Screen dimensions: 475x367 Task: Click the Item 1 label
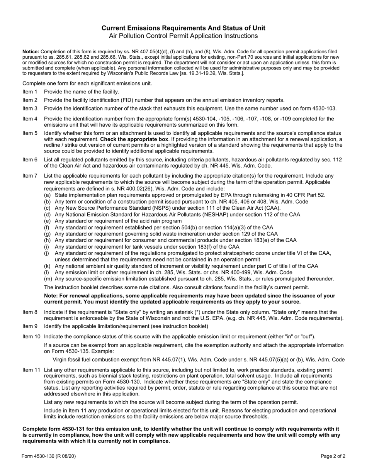(x=30, y=92)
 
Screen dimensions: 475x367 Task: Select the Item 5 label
(x=30, y=133)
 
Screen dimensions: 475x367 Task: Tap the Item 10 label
(x=31, y=336)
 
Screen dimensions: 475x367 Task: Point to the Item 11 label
(x=31, y=370)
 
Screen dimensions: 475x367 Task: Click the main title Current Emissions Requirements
(x=183, y=28)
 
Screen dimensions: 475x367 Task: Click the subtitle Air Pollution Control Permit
(x=183, y=36)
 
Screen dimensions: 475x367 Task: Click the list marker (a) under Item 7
(x=47, y=195)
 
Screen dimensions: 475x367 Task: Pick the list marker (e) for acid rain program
(x=47, y=221)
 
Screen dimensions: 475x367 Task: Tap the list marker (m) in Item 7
(x=48, y=279)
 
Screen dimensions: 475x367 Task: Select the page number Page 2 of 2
(x=333, y=456)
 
